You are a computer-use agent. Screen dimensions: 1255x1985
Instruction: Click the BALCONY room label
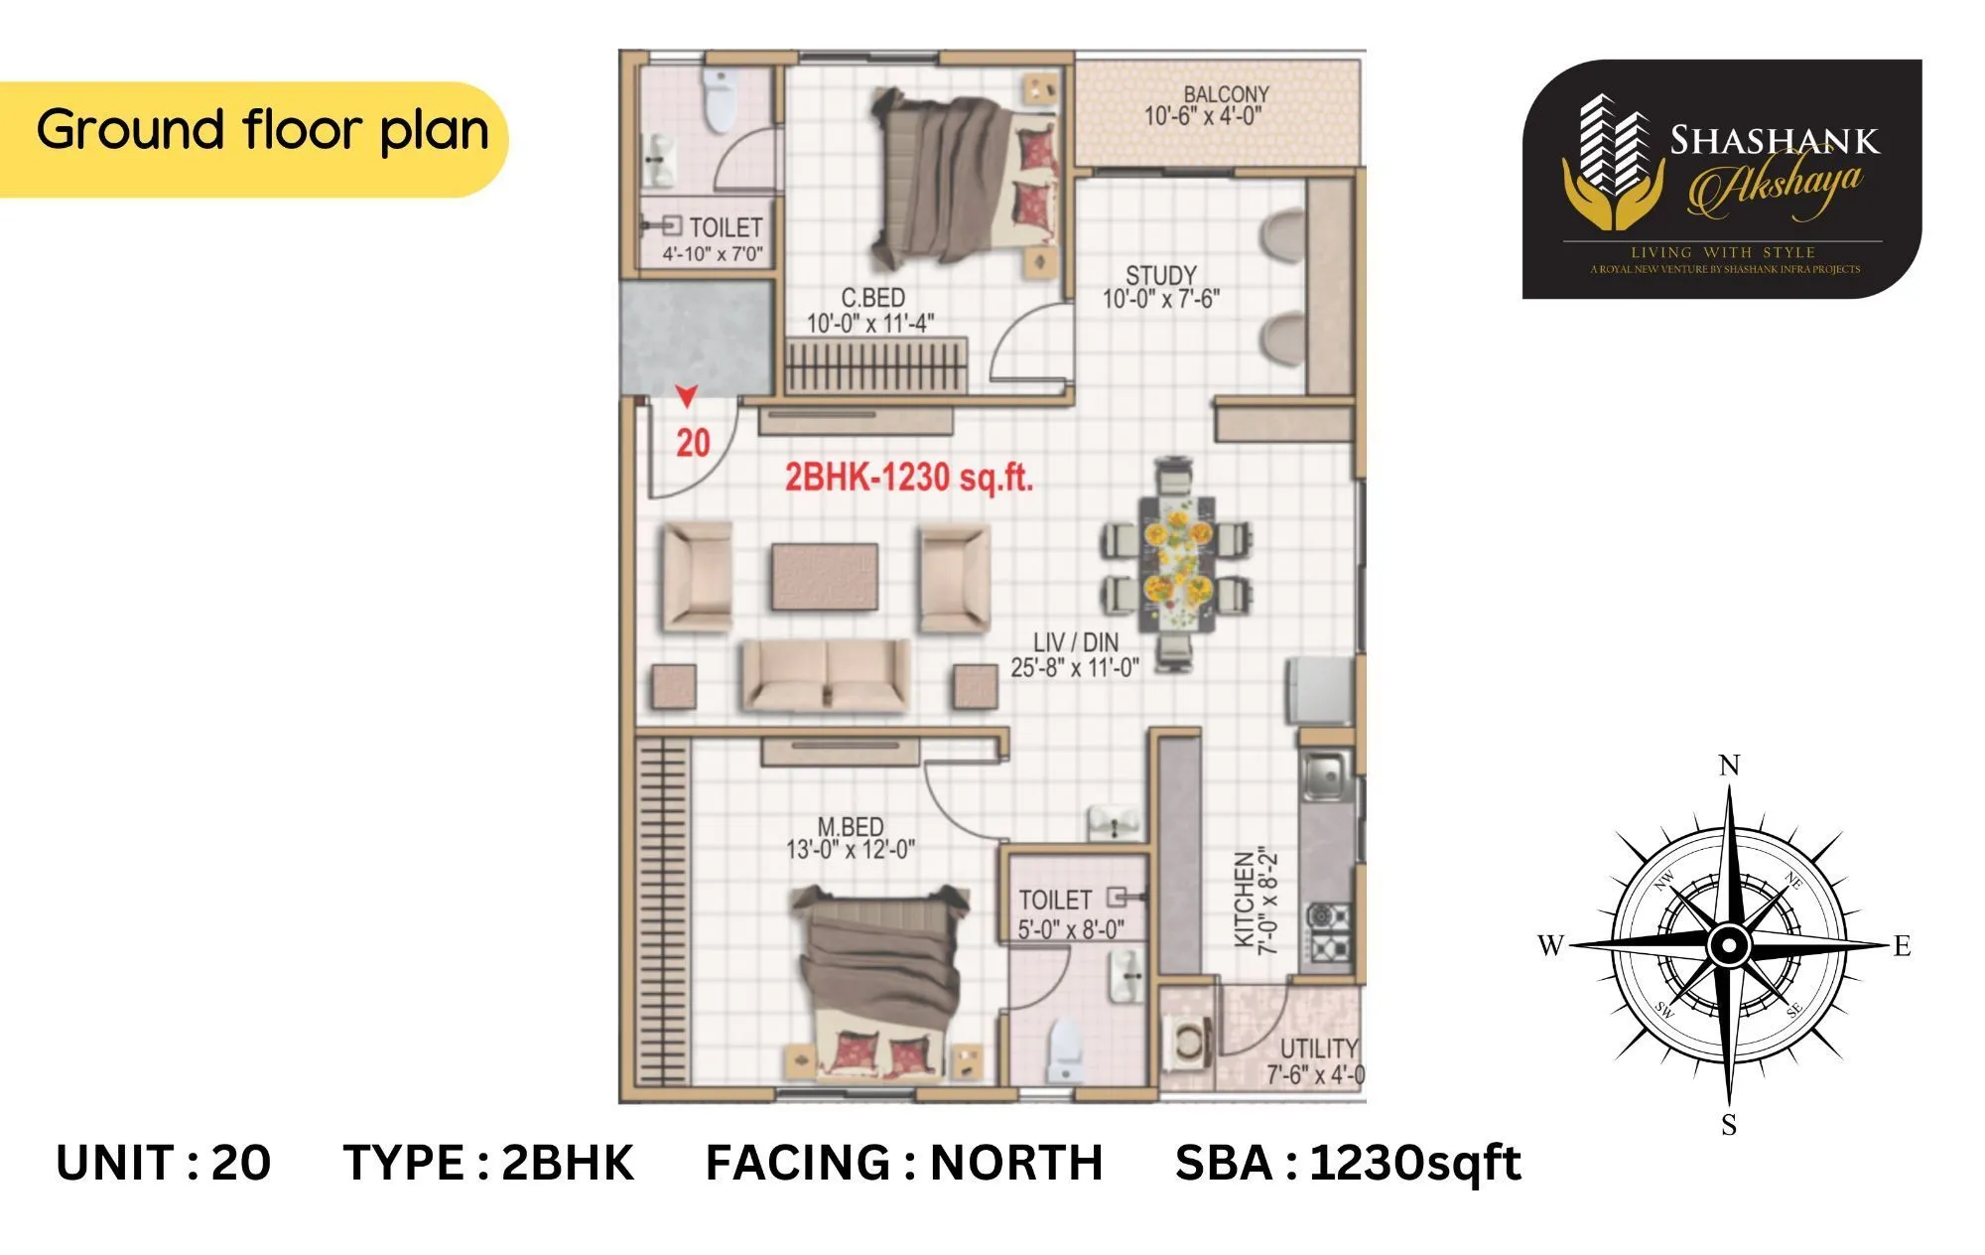[1226, 94]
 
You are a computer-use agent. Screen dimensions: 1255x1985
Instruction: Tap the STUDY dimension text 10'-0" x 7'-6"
[1160, 299]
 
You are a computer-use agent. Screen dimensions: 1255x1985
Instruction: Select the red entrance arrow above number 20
[687, 396]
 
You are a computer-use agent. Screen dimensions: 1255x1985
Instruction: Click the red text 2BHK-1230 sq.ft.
[909, 479]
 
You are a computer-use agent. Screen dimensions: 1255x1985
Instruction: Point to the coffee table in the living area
[824, 577]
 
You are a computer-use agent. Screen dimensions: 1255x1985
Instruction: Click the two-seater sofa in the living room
[826, 675]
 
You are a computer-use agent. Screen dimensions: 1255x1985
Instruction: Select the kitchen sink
[1324, 774]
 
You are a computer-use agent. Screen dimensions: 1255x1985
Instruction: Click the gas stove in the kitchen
[1329, 931]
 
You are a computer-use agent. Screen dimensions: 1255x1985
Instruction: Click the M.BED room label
[850, 826]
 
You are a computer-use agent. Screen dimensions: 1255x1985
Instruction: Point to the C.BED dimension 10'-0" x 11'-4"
[869, 324]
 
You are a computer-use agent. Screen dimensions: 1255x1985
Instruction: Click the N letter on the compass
[1729, 766]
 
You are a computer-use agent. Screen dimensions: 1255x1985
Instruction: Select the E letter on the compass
[1902, 946]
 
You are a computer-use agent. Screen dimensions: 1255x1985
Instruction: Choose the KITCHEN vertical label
[1244, 900]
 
